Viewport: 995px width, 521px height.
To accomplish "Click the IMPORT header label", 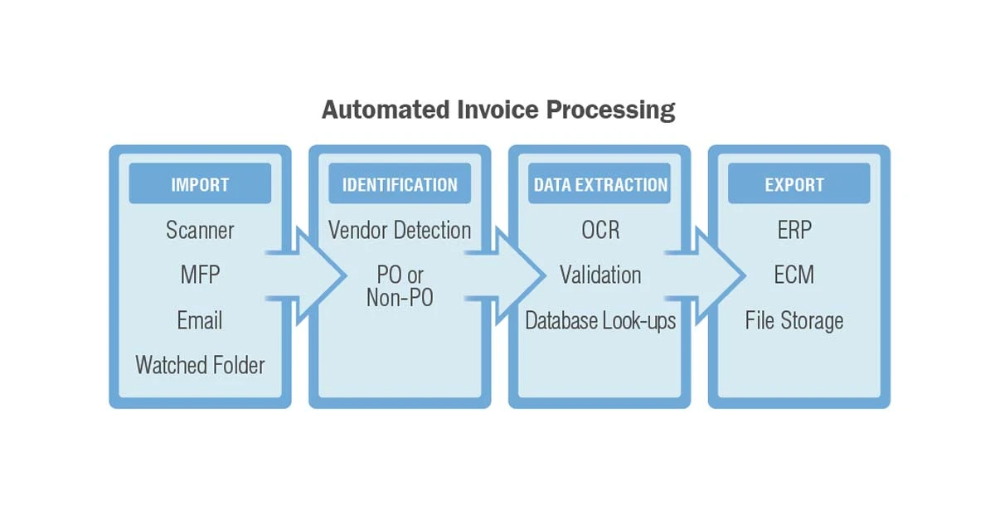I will [200, 184].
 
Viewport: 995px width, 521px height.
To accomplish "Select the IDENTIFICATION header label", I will [400, 184].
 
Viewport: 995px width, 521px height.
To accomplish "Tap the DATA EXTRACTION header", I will [600, 184].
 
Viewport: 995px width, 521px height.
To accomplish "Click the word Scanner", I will [200, 230].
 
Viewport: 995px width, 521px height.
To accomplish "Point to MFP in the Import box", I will [200, 275].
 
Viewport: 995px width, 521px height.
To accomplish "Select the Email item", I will [200, 320].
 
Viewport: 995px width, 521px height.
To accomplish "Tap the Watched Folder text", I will [200, 365].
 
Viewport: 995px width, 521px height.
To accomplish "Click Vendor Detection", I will [400, 230].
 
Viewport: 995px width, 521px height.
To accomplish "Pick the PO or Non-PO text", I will [400, 286].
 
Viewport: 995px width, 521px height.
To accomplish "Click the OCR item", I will [600, 230].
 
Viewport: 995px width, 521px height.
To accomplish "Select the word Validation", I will [600, 275].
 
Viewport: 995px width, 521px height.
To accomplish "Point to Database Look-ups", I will [600, 320].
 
